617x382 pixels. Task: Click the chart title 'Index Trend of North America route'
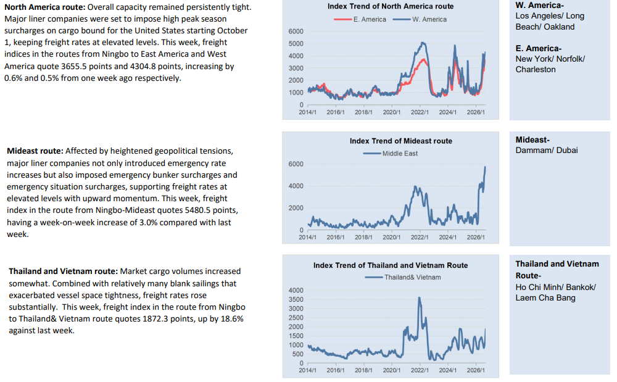tap(391, 6)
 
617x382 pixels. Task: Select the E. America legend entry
tap(360, 19)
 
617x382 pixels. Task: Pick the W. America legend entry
tap(420, 19)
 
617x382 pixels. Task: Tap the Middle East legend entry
tap(391, 154)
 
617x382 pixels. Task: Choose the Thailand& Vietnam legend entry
tap(403, 277)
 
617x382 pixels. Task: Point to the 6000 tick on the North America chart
tap(296, 31)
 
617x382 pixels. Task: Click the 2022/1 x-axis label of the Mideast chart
tap(420, 237)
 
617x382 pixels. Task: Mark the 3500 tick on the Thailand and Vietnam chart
tap(296, 299)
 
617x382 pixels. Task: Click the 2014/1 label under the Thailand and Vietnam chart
tap(307, 370)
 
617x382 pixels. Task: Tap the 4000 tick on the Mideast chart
tap(296, 186)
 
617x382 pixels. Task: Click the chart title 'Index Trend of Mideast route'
tap(401, 141)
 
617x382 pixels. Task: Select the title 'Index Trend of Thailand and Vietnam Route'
tap(391, 265)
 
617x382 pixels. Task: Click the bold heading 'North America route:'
tap(45, 7)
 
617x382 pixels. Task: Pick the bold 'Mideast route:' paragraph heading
tap(35, 151)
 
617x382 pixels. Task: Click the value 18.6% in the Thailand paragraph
tap(232, 318)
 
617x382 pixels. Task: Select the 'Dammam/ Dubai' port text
tap(547, 151)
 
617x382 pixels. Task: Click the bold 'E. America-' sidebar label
tap(538, 48)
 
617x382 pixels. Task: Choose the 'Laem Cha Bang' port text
tap(545, 298)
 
